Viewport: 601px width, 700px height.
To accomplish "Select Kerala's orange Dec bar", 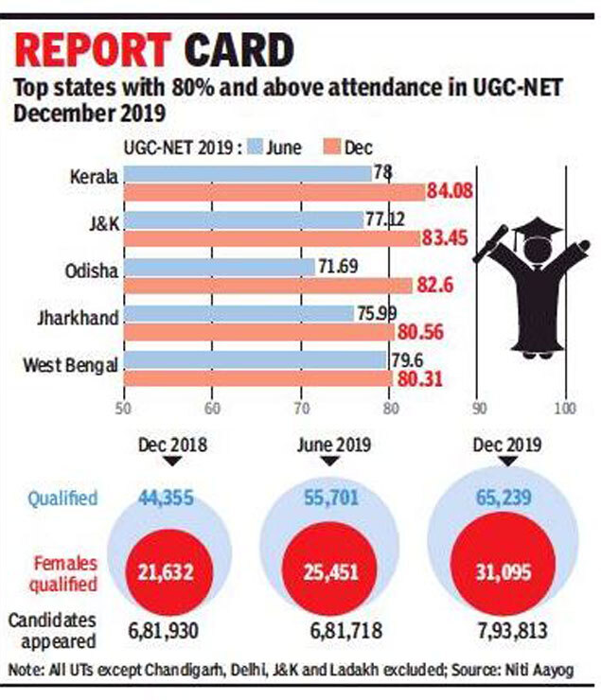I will pos(274,193).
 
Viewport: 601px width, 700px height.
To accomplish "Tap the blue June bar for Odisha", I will pos(219,268).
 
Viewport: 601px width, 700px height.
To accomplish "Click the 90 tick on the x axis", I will pos(479,408).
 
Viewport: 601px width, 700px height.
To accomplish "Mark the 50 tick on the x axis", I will pos(123,408).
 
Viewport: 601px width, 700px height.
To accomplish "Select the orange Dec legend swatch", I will pos(331,147).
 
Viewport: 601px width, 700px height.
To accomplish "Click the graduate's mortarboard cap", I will pos(536,230).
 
